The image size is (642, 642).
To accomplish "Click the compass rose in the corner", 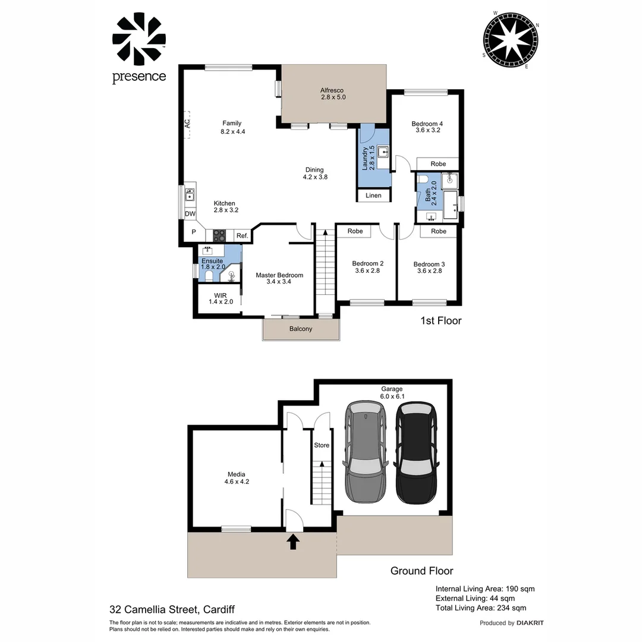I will [511, 40].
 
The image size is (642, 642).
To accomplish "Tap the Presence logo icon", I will [139, 40].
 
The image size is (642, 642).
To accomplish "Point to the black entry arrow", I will [293, 542].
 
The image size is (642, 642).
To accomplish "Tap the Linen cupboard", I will [373, 196].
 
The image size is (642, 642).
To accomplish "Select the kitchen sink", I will [190, 195].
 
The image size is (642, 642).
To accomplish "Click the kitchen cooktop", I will [219, 235].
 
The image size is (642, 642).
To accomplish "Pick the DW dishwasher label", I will [190, 214].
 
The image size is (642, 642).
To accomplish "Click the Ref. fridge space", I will [242, 236].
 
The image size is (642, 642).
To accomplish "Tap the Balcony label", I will [301, 329].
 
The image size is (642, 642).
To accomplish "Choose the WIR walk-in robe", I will [220, 298].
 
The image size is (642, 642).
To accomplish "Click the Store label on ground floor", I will [321, 445].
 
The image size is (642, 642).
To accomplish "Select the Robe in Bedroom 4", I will [438, 163].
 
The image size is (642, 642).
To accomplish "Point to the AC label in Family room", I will [187, 124].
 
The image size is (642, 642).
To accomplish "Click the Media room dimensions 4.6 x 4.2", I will [236, 482].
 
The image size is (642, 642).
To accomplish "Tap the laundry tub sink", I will [383, 152].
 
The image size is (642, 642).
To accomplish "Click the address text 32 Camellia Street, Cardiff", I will [172, 609].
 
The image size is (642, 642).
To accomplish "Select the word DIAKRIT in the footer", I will [530, 623].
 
